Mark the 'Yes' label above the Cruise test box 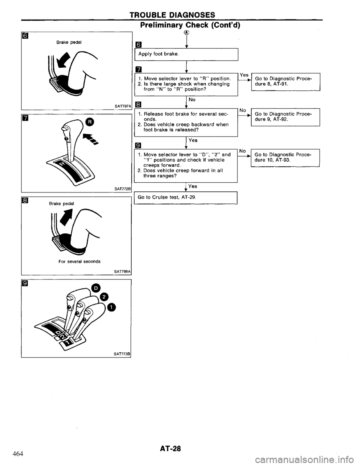click(193, 186)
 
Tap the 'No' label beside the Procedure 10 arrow click(243, 151)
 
